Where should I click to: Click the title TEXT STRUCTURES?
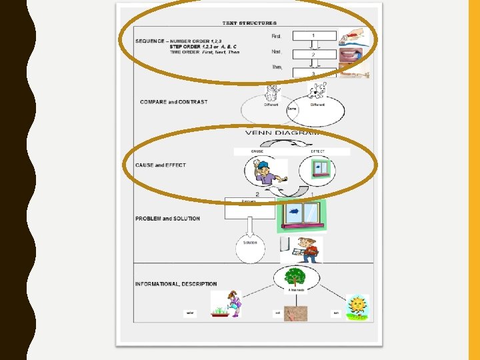[x=249, y=23]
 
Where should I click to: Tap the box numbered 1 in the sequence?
[x=314, y=35]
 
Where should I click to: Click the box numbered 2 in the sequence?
[x=314, y=54]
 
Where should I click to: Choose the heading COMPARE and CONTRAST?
[x=173, y=102]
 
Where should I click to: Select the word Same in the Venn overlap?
[x=292, y=109]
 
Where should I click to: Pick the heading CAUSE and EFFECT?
[x=160, y=165]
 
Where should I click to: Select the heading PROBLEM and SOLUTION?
[x=167, y=219]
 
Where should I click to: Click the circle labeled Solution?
[x=250, y=248]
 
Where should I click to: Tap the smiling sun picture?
[x=357, y=307]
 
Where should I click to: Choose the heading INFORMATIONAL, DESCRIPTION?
[x=176, y=284]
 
